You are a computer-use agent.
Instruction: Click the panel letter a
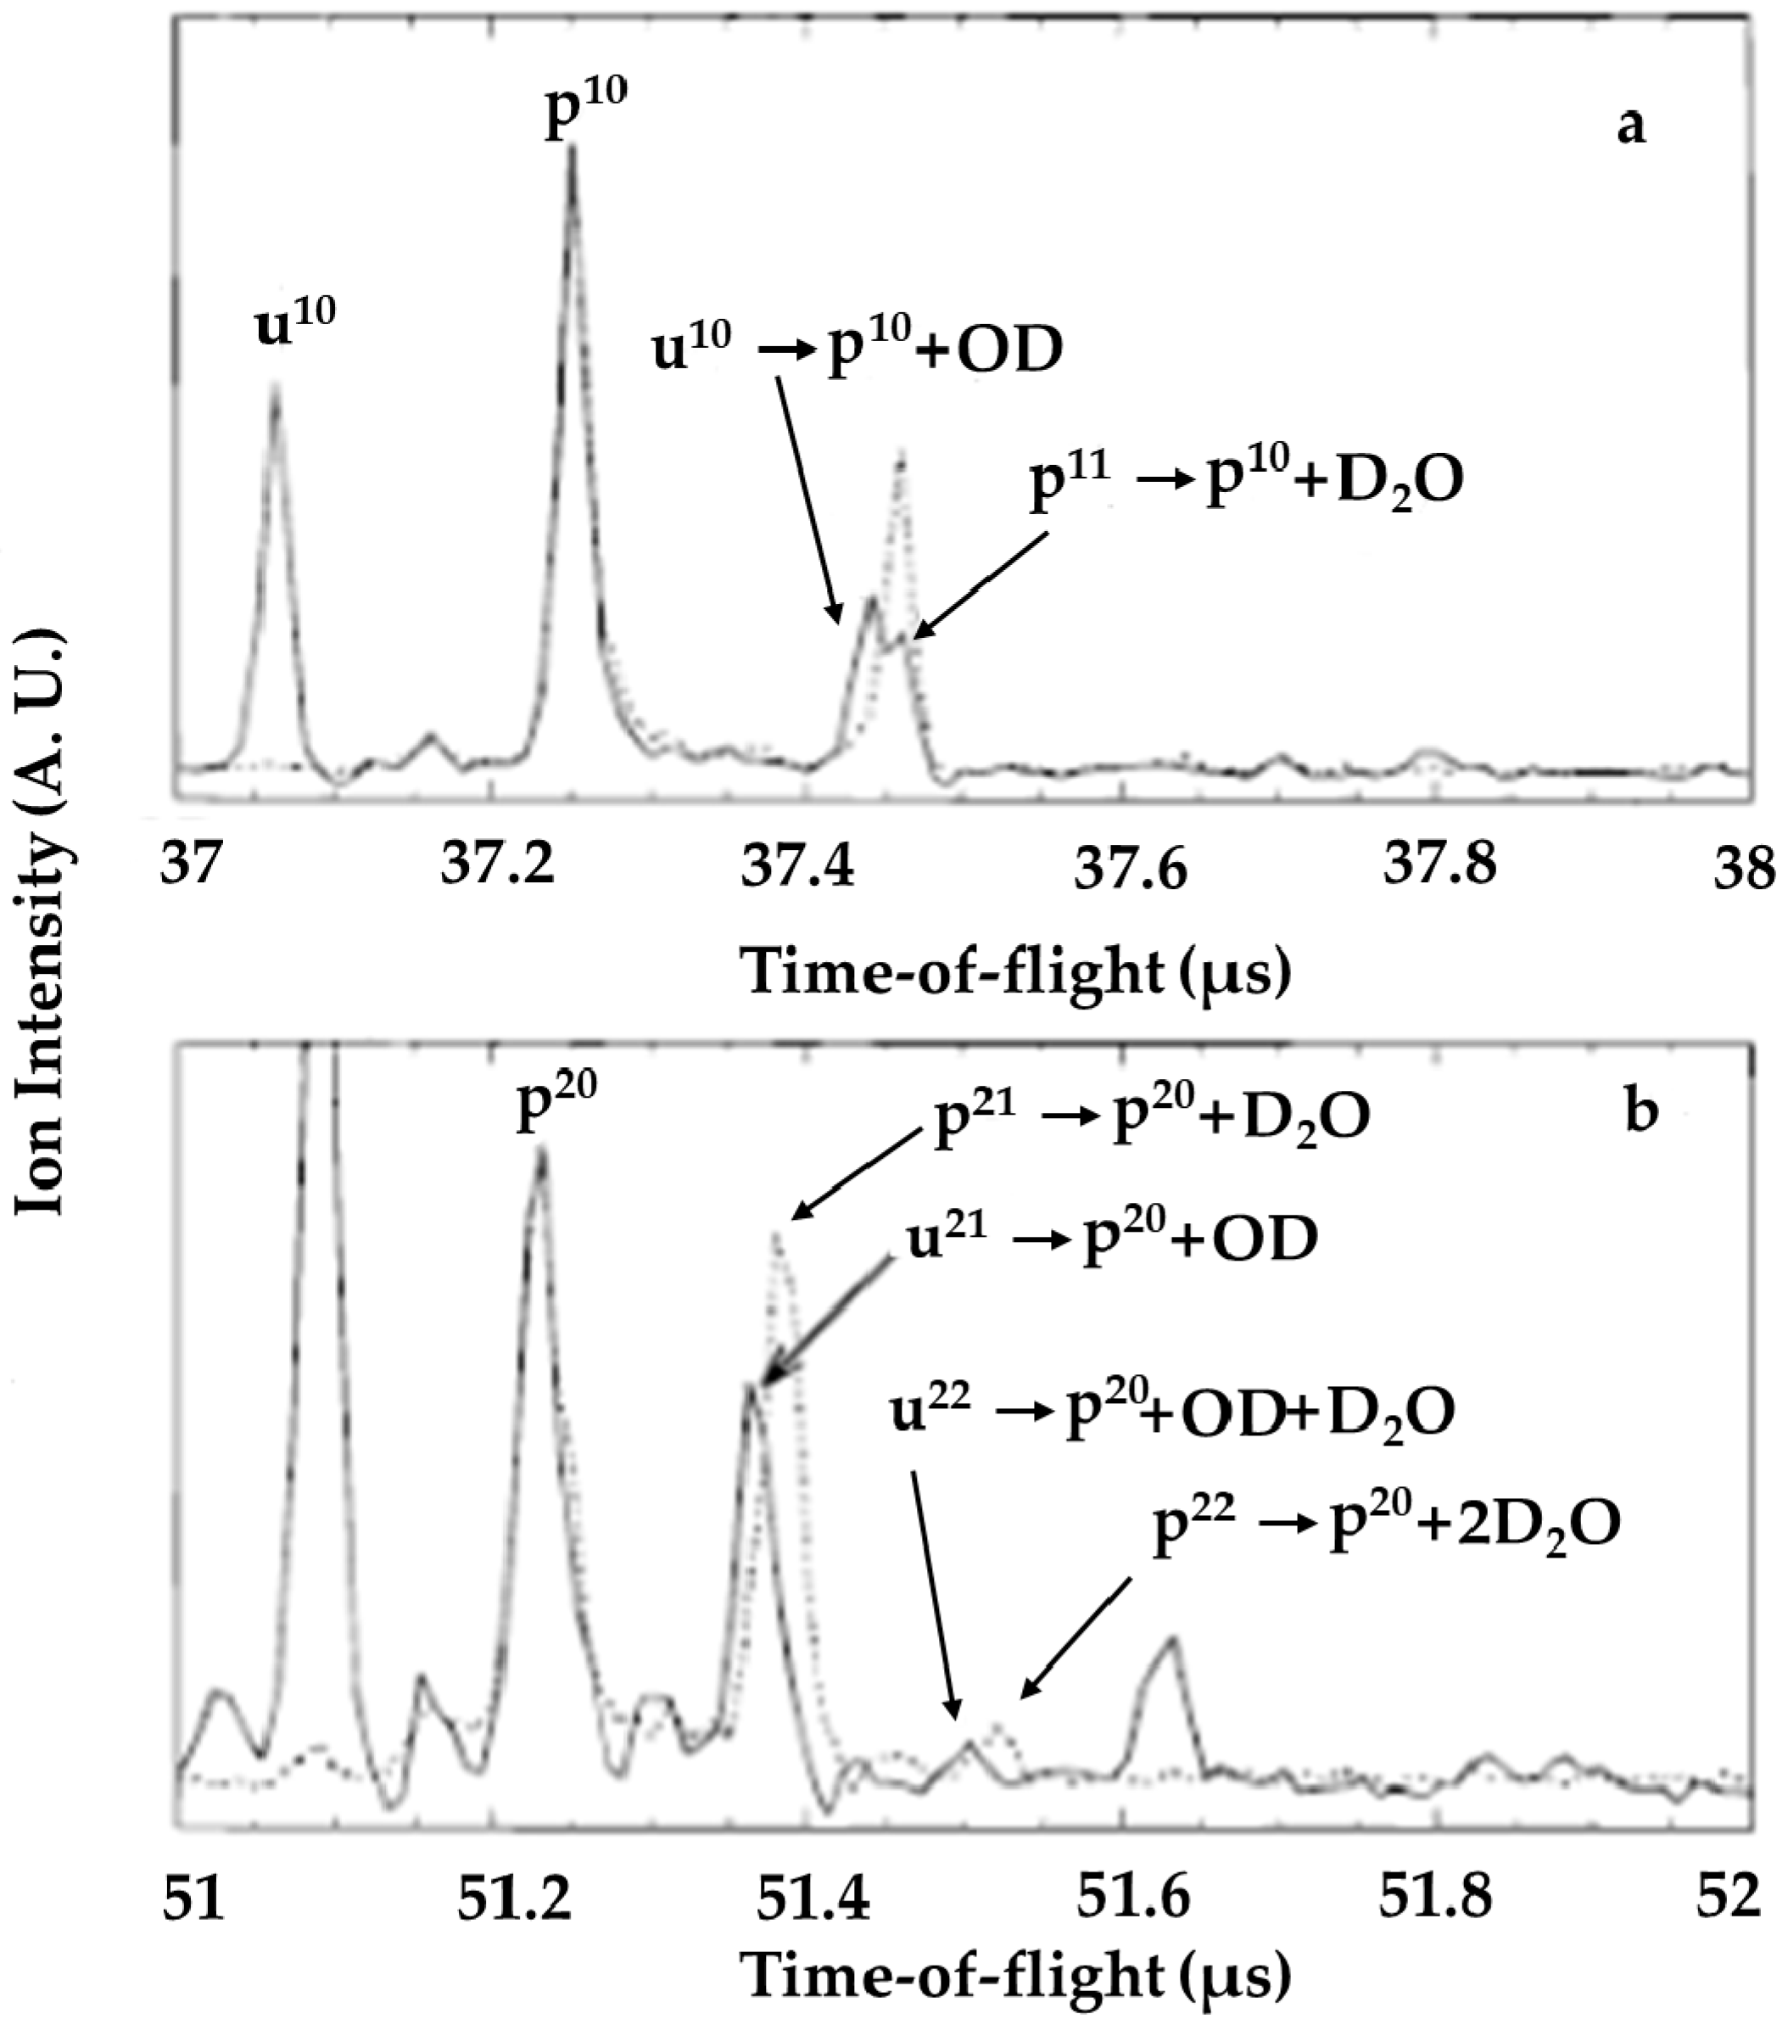point(1630,126)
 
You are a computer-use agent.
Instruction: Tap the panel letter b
point(1641,1110)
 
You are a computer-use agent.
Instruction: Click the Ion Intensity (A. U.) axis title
point(41,921)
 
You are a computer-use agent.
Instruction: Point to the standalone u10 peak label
point(295,323)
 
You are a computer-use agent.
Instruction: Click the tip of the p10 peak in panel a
point(572,148)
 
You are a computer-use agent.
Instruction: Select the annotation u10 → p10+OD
point(857,349)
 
